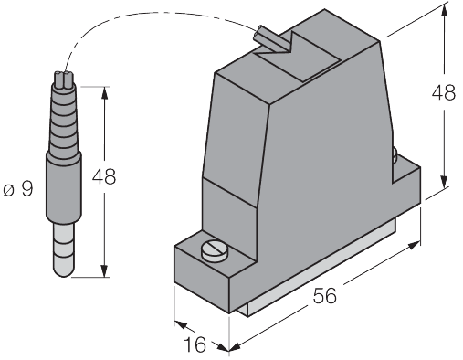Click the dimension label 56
[325, 295]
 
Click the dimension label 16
[195, 344]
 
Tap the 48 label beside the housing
[444, 92]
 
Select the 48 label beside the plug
[104, 176]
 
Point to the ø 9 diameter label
[18, 189]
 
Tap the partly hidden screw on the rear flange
[395, 155]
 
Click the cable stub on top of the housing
[270, 39]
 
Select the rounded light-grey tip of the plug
[63, 249]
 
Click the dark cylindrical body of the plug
[64, 186]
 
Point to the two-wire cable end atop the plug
[64, 79]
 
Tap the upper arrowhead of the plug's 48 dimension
[104, 93]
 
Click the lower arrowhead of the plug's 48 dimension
[104, 270]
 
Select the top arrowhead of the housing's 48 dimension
[444, 11]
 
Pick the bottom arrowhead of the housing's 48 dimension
[445, 182]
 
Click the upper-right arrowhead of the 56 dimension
[414, 245]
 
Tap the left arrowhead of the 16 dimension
[181, 324]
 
